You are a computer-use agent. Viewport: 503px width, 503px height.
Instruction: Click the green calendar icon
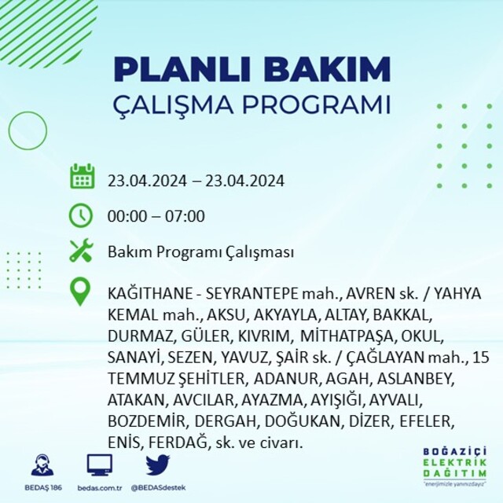82,176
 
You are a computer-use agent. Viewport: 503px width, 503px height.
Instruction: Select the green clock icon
81,215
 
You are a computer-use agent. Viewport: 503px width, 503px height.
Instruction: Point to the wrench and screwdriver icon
81,250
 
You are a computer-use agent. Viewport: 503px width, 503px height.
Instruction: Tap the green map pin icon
80,292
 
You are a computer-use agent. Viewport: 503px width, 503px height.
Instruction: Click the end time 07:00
185,216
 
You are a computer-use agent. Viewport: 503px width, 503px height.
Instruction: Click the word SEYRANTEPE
252,293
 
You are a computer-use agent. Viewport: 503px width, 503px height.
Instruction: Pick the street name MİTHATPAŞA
347,336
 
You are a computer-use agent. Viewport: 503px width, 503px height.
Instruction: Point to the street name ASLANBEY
416,379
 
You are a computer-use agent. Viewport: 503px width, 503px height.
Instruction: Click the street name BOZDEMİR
147,421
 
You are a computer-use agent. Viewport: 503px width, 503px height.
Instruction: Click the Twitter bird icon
158,464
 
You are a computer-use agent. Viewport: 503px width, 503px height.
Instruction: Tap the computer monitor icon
100,465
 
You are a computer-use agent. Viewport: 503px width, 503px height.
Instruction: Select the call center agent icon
42,464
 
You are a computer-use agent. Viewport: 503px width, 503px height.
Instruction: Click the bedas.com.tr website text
100,488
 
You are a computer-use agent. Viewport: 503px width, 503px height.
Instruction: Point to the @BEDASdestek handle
158,488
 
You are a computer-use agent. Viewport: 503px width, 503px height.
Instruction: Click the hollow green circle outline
9,130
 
